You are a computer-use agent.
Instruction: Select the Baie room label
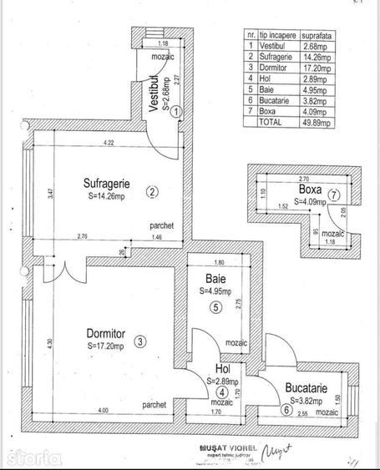[x=214, y=279]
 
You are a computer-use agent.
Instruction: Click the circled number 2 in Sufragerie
[x=152, y=192]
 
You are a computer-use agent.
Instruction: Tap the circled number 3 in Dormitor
[x=140, y=341]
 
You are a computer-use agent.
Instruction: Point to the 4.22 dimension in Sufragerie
[x=109, y=145]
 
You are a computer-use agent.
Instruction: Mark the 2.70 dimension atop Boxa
[x=304, y=179]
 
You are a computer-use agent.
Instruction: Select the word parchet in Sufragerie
[x=162, y=225]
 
